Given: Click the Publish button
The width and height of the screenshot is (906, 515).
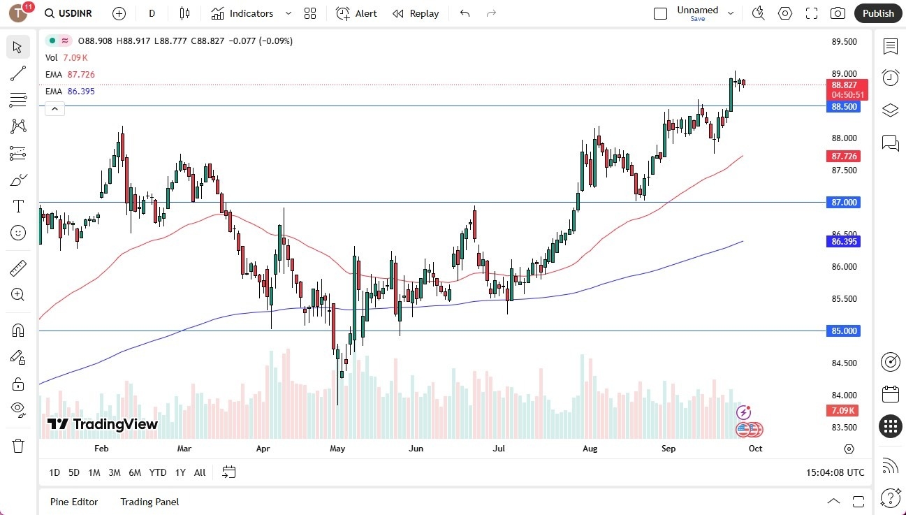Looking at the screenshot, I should [x=878, y=13].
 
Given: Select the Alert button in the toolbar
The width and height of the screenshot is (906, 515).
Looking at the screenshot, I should [x=356, y=13].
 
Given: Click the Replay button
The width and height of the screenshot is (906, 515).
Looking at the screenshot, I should [x=416, y=13].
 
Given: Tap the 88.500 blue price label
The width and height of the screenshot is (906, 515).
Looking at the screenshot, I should [x=845, y=107].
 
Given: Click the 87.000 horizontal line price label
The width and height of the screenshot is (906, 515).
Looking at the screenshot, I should [x=845, y=203].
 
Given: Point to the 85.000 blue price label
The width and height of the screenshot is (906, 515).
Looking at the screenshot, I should [x=845, y=331].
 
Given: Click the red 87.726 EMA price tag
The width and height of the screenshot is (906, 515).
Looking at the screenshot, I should [x=845, y=157].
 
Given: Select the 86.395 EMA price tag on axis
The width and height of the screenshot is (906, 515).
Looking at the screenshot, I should [x=845, y=242].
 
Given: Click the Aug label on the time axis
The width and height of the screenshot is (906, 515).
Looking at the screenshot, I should [x=590, y=449].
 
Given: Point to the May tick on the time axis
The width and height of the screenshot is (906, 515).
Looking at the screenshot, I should [x=337, y=449].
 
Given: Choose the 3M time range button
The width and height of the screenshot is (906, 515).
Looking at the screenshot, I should [x=114, y=472].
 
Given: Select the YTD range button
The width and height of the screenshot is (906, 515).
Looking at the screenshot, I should [x=158, y=472].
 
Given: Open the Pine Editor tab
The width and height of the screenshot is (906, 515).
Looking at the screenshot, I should [x=74, y=502].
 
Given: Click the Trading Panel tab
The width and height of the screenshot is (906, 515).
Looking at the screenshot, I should [x=149, y=502].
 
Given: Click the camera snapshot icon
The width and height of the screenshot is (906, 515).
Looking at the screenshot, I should [x=838, y=13].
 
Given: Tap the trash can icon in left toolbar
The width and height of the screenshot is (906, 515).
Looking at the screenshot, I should [x=18, y=445].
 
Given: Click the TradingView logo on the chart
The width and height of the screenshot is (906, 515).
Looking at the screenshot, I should [x=103, y=424].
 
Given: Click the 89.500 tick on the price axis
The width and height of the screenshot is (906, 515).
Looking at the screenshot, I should [x=844, y=42].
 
